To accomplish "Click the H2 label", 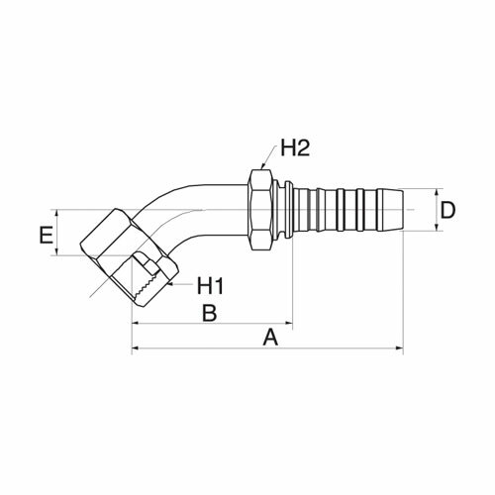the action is coord(295,148).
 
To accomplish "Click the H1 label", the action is coord(211,286).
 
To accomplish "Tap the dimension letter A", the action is coord(270,338).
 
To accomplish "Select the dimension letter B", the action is coord(210,313).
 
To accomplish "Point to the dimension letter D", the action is coord(447,210).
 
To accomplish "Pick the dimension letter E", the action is coord(47,235).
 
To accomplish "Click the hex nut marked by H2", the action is coord(261,210).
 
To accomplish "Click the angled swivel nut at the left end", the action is coord(130,257).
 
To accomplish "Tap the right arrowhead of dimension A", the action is coord(400,347).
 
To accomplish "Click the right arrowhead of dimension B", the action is coord(289,324).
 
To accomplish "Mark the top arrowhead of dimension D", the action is coord(437,193).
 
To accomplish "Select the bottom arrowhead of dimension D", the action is coord(437,227).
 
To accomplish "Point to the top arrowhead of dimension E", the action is coord(57,214).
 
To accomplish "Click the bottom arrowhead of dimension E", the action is coord(57,251).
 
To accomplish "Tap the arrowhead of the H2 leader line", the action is coord(262,166).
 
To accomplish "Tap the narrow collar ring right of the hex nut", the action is coord(288,210).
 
